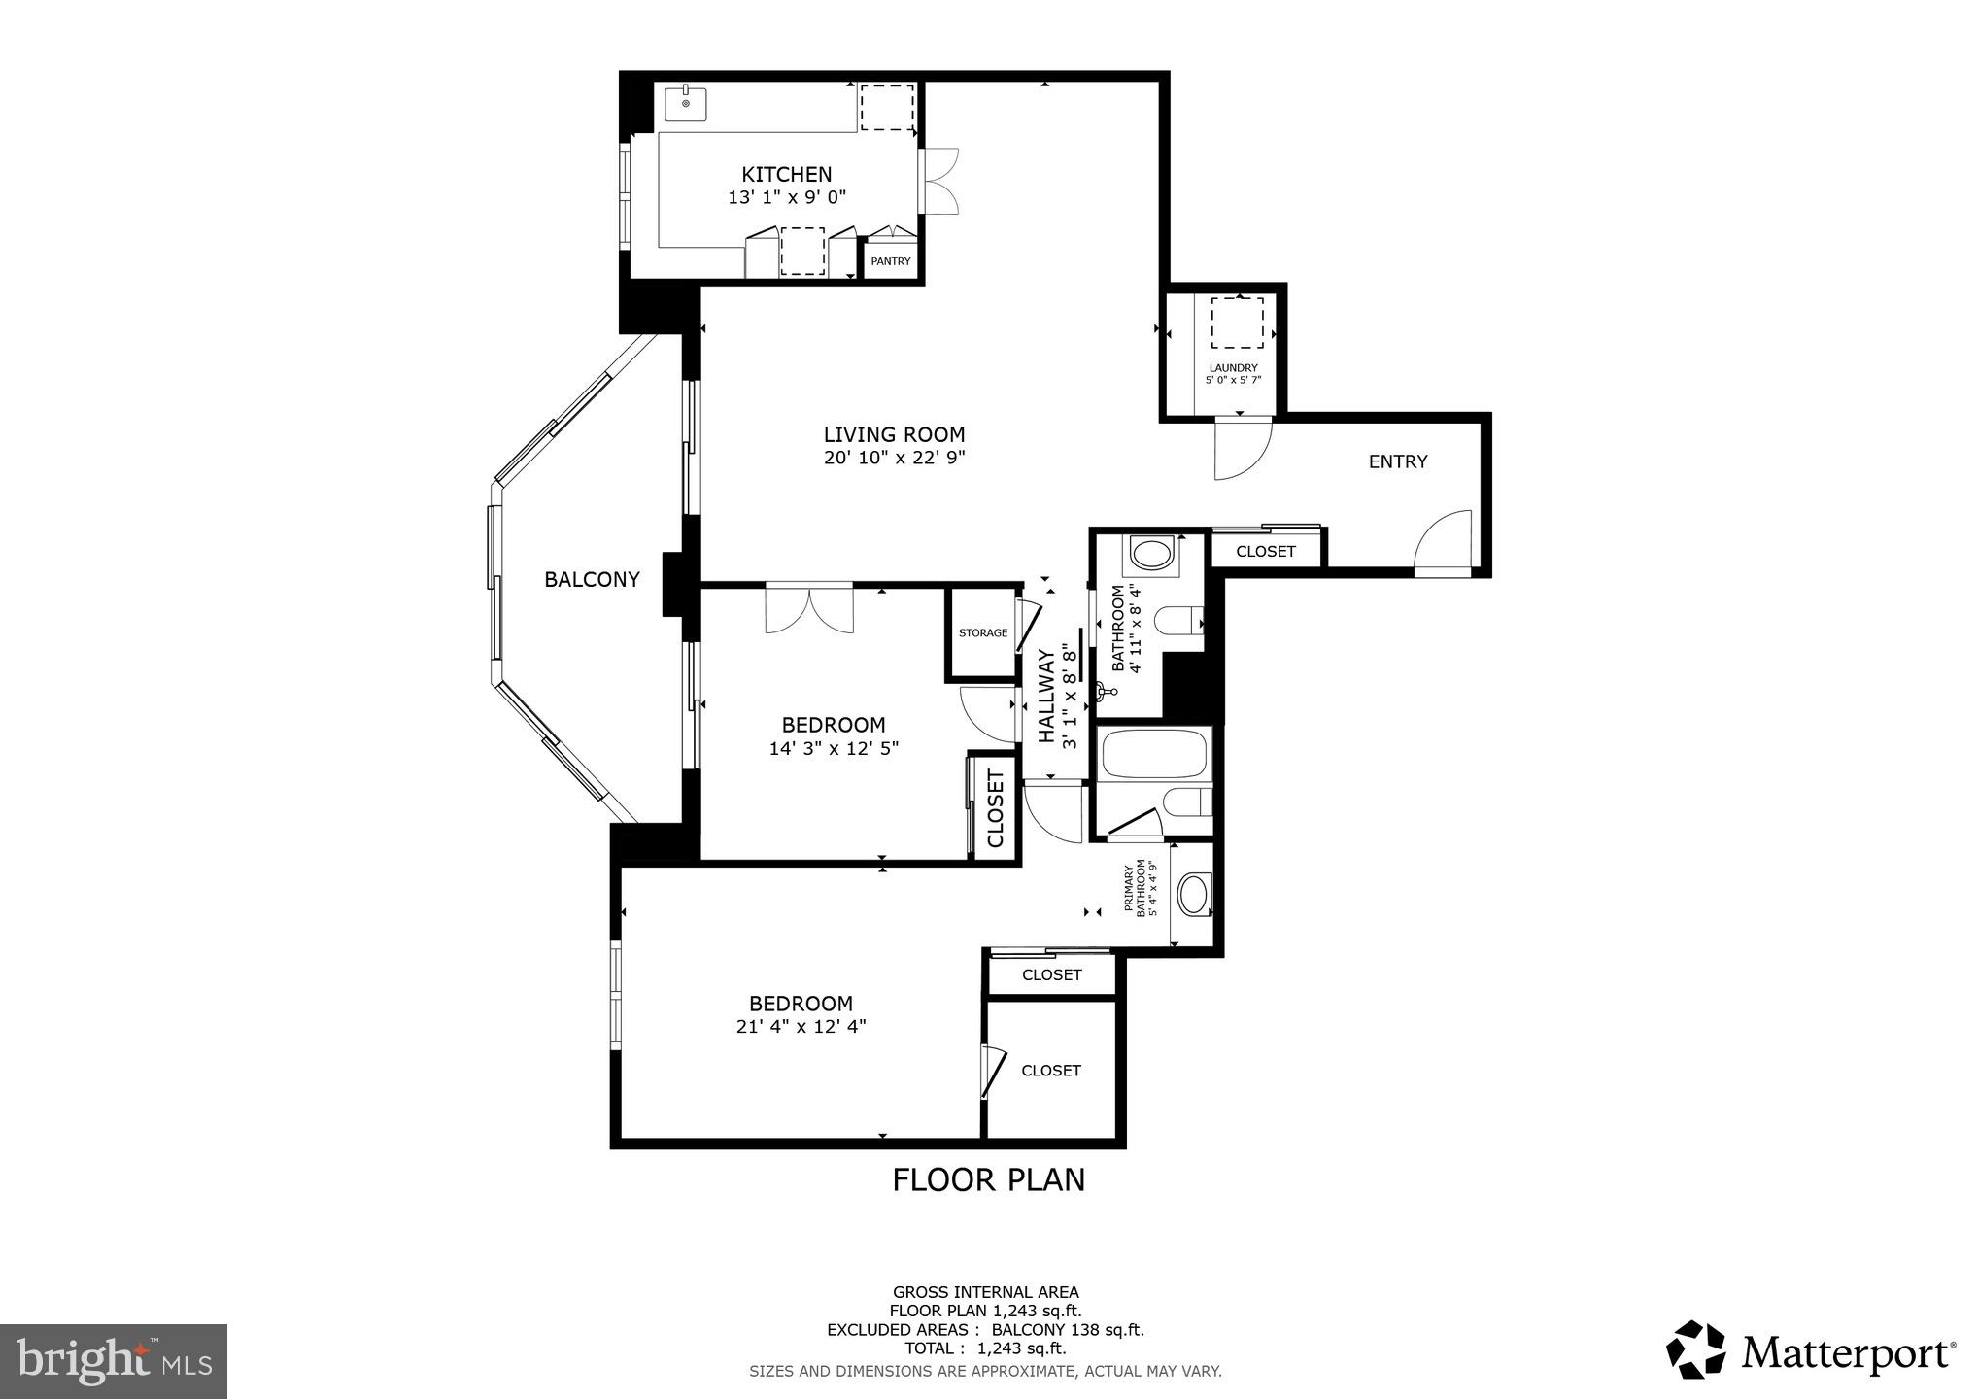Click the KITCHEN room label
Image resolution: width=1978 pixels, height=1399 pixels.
coord(786,175)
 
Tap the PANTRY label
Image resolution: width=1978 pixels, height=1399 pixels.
coord(890,261)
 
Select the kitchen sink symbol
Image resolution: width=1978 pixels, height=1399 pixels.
coord(686,104)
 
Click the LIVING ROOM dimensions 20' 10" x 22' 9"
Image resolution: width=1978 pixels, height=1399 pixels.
coord(894,458)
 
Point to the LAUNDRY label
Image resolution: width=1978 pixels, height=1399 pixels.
coord(1233,368)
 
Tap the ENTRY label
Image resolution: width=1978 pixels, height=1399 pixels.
coord(1397,462)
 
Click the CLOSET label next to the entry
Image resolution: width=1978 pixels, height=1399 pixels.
coord(1265,552)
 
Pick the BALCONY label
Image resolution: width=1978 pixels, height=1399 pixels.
coord(592,580)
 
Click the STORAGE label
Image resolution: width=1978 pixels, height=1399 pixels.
coord(982,633)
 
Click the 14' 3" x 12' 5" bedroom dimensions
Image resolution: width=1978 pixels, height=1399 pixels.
coord(834,749)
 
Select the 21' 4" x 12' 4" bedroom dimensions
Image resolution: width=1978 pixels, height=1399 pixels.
coord(801,1027)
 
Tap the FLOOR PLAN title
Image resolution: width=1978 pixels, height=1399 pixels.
coord(988,1179)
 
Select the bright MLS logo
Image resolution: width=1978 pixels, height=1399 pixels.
coord(114,1362)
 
